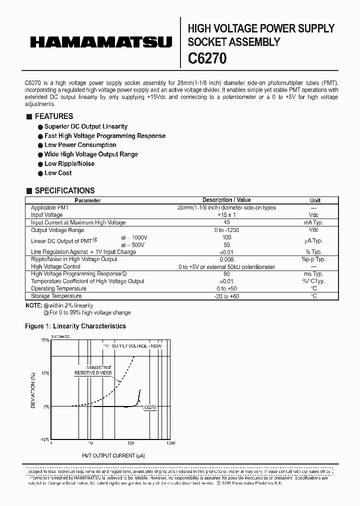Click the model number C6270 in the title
coord(207,58)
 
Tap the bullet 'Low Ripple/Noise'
coord(69,163)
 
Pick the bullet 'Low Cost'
coord(58,173)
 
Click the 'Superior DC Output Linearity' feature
coord(85,126)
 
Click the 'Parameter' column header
coord(87,200)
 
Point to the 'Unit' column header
coord(315,200)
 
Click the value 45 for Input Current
coord(226,222)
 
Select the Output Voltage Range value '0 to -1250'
coord(226,230)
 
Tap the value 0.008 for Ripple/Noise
coord(226,259)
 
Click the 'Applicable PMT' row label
coord(50,207)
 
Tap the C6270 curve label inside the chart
coord(150,408)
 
